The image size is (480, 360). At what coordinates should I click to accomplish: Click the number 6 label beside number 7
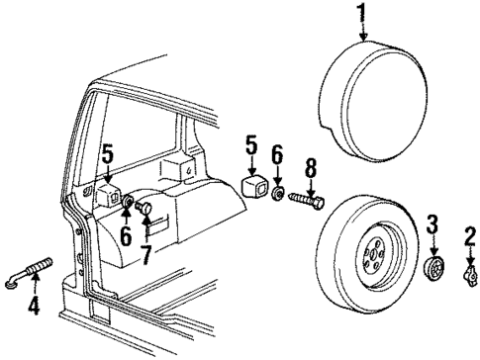click(126, 237)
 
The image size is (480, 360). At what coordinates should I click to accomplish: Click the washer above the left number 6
click(128, 204)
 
